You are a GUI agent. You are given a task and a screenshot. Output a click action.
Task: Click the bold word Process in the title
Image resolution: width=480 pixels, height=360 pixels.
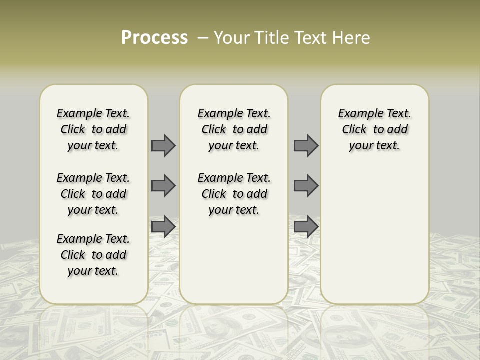[154, 38]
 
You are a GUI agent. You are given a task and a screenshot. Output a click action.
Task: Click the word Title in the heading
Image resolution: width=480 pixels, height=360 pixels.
[270, 38]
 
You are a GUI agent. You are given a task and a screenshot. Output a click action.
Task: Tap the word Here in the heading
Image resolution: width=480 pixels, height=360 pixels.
[352, 38]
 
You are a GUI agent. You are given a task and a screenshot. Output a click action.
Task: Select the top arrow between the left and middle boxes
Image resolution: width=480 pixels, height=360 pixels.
[163, 146]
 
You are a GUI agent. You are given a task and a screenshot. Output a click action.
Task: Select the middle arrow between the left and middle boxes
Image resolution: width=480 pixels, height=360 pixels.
[163, 186]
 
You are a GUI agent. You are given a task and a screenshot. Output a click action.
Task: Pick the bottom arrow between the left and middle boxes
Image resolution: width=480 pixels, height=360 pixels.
[163, 227]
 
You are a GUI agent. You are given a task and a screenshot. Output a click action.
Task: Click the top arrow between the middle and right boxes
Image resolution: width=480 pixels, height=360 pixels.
[306, 146]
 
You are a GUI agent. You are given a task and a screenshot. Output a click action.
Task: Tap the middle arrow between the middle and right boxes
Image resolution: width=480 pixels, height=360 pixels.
[306, 186]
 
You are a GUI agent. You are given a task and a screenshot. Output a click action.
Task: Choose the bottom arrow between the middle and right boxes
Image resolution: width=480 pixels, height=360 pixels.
[306, 227]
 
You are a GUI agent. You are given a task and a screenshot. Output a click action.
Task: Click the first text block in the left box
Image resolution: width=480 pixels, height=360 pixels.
[93, 129]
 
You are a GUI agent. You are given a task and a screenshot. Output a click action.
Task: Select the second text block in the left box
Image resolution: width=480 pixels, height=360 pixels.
[93, 194]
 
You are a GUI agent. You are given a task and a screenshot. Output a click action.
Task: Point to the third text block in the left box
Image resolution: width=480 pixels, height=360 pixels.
[93, 255]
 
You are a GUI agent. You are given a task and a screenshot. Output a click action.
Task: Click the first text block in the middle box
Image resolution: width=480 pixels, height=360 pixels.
[234, 129]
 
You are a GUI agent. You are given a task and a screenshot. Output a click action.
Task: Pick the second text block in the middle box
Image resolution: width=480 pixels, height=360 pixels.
[234, 194]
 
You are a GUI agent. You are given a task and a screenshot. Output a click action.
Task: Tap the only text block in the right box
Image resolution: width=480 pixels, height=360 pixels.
[374, 129]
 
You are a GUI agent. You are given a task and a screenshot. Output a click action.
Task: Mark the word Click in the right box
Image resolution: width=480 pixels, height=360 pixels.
[354, 130]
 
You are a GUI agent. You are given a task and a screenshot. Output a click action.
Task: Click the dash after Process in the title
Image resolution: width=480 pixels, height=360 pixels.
[203, 38]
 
